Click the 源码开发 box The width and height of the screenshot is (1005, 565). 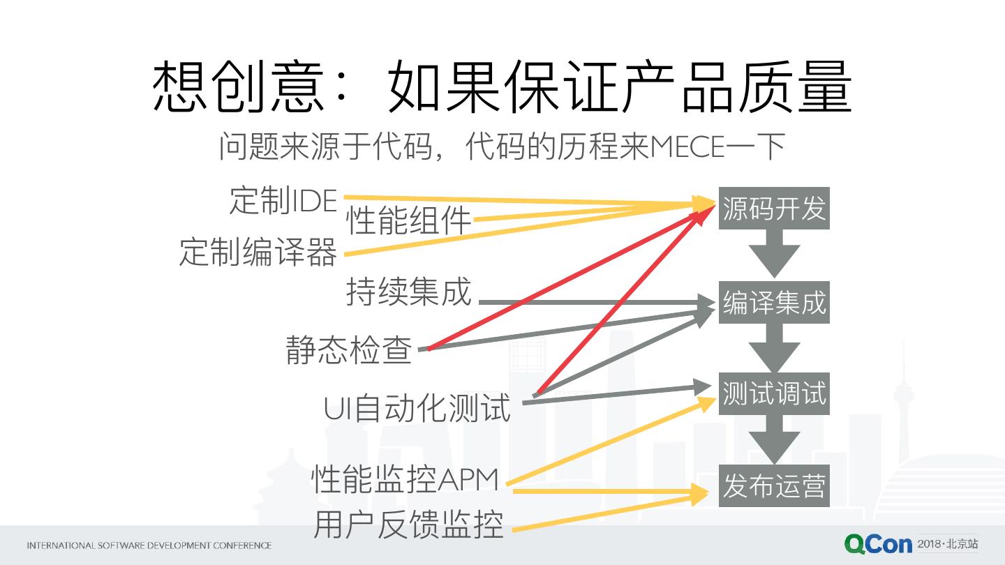tap(774, 208)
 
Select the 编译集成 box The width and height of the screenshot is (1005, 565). tap(774, 302)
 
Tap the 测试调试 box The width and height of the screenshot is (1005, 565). tap(774, 393)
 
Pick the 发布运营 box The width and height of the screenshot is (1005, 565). tap(774, 485)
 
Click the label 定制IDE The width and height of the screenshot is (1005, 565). tap(283, 200)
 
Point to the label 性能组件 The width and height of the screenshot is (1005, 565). tap(409, 221)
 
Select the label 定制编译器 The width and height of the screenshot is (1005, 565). tap(258, 252)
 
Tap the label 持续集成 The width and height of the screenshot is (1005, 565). tap(409, 291)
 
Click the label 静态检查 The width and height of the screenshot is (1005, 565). tap(349, 349)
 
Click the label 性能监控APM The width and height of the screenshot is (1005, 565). tap(405, 479)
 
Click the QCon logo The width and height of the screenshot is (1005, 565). tap(877, 544)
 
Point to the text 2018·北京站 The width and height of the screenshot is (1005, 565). tap(948, 543)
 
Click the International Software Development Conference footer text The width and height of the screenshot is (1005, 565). tap(149, 545)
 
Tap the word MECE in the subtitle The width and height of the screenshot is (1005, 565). tap(687, 147)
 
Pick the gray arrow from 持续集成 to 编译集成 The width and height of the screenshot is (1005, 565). tap(593, 303)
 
